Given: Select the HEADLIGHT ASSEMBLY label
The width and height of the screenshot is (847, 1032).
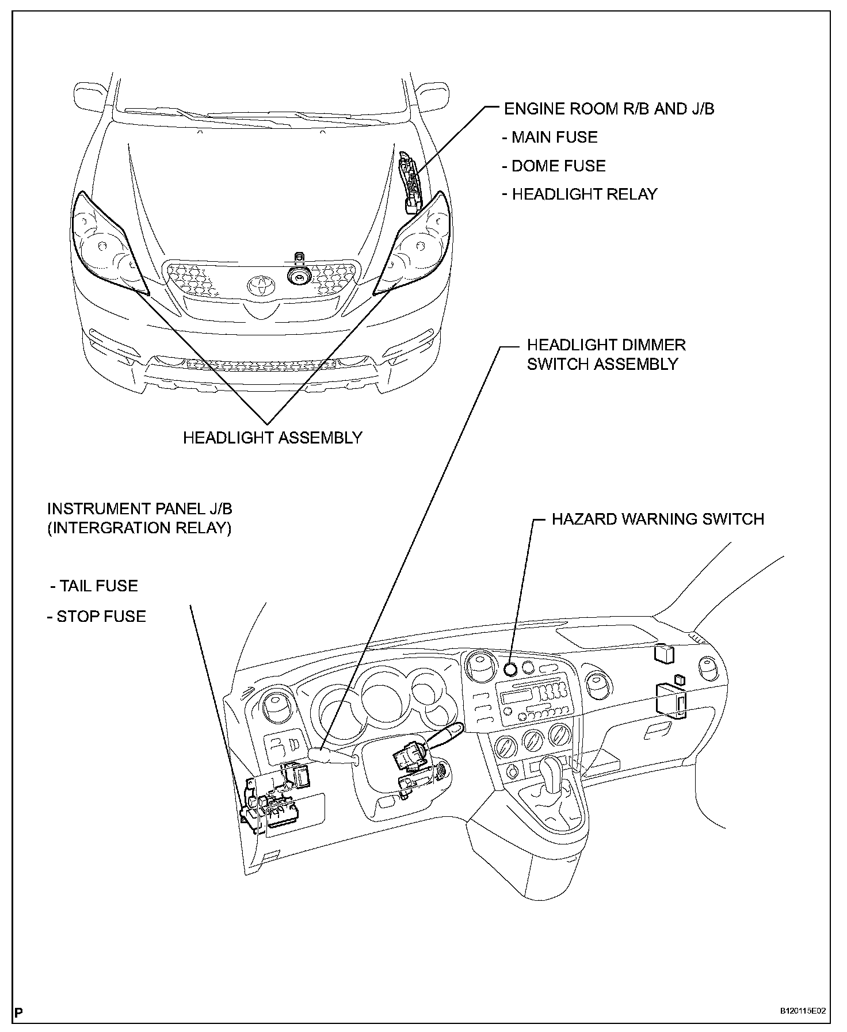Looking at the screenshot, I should [x=272, y=438].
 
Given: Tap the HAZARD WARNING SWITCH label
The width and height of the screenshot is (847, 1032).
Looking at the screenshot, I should [x=658, y=519].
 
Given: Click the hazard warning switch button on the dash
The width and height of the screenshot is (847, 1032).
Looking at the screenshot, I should [x=510, y=668].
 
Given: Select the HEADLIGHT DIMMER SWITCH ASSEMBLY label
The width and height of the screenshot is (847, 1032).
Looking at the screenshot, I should [x=606, y=354].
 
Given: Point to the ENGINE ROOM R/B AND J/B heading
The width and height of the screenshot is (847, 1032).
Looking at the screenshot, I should [x=609, y=109].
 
